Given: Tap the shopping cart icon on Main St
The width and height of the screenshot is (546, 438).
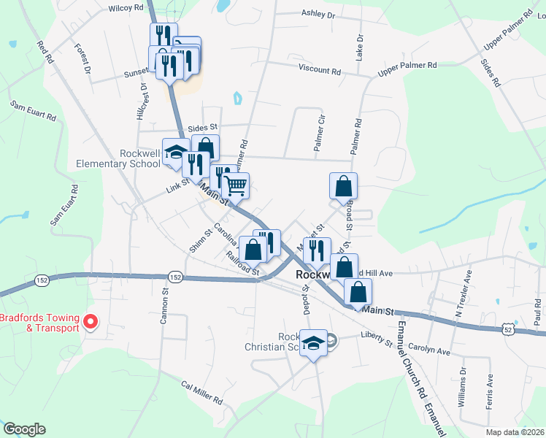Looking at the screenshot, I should [236, 186].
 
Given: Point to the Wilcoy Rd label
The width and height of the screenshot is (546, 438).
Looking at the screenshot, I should [126, 8].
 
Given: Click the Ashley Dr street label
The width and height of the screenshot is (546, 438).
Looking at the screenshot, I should [318, 14].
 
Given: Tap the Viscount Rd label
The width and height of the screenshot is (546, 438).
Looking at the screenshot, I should [320, 72].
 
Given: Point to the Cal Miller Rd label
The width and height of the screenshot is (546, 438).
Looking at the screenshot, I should [202, 392].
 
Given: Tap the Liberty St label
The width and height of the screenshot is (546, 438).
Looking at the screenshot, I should [377, 339].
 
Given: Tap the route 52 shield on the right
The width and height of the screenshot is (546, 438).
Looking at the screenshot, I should [509, 330].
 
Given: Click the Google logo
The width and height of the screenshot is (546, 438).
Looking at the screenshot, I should [24, 429].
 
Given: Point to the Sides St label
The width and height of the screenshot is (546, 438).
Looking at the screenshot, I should [203, 127].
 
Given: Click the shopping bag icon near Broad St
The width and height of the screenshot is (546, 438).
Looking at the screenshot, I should [343, 186].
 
